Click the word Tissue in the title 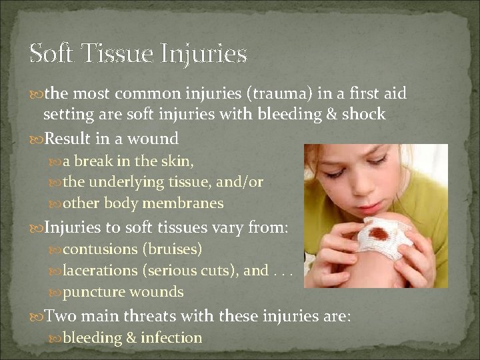116,53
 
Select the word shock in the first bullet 363,114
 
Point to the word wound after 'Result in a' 155,139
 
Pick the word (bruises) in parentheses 171,249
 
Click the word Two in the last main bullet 60,315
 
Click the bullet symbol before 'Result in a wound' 35,139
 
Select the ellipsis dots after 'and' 280,271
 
